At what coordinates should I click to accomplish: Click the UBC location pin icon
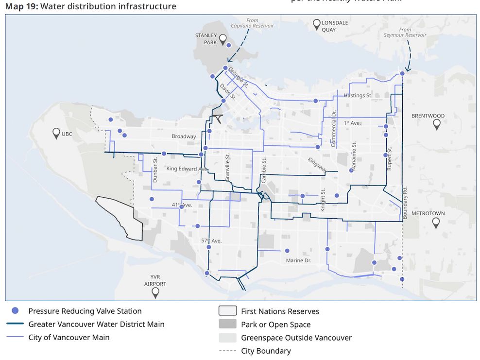click(56, 133)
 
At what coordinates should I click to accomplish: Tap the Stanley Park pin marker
click(223, 39)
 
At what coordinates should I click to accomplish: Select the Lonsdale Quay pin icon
click(317, 23)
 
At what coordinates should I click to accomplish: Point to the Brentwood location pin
click(436, 124)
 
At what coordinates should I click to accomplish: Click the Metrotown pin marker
click(436, 223)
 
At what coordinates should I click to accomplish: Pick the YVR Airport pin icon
click(155, 292)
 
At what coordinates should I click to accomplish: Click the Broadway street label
click(184, 137)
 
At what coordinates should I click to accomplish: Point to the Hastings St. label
click(358, 96)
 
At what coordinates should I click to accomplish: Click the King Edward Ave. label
click(187, 169)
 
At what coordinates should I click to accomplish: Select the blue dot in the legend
click(15, 311)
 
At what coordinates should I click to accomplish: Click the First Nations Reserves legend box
click(227, 311)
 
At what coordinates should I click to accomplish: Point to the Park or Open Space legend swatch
click(227, 325)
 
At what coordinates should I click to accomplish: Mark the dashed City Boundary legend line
click(227, 351)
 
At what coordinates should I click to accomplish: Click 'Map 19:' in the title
click(21, 6)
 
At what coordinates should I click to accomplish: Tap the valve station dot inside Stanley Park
click(228, 45)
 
